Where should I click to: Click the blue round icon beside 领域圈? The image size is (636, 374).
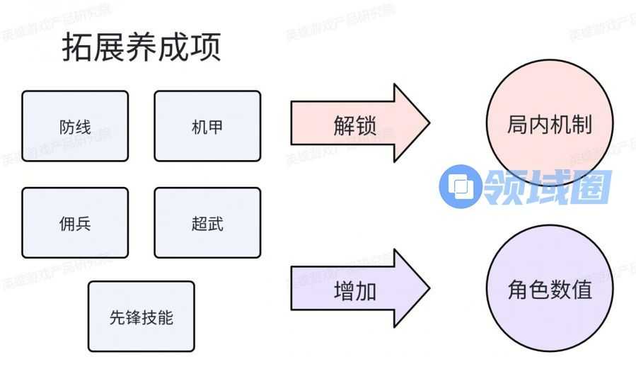(461, 187)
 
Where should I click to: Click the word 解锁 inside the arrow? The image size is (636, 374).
(354, 125)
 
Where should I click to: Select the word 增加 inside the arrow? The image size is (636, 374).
(354, 291)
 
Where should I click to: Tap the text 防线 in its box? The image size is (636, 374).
(75, 127)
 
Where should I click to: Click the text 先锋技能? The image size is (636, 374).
(141, 317)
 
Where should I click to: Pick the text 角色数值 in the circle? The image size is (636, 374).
(550, 290)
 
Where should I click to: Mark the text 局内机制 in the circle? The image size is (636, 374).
(550, 125)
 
